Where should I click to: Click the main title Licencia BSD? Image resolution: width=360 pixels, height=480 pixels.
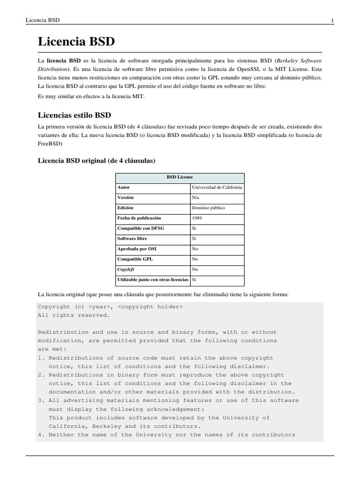76,42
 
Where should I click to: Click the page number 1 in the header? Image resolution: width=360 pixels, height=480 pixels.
332,20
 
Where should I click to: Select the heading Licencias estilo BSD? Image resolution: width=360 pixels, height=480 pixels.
74,114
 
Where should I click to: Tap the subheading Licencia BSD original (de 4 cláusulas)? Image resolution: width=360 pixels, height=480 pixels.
96,161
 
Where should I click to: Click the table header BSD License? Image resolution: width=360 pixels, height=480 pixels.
180,177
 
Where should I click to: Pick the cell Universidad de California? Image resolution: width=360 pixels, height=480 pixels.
217,187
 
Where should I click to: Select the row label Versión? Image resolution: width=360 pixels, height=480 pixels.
125,198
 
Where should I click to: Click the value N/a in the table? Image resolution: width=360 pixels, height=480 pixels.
196,198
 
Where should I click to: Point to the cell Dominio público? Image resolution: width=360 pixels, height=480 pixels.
208,208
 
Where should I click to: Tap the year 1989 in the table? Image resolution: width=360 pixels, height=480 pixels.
197,218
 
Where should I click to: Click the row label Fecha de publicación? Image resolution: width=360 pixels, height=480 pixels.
139,218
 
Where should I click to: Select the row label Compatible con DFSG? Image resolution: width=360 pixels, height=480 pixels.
141,229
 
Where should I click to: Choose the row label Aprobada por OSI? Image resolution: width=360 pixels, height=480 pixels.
137,249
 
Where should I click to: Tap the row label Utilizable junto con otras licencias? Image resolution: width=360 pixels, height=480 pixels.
153,280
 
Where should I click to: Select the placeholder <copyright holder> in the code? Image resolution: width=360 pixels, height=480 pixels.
150,307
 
